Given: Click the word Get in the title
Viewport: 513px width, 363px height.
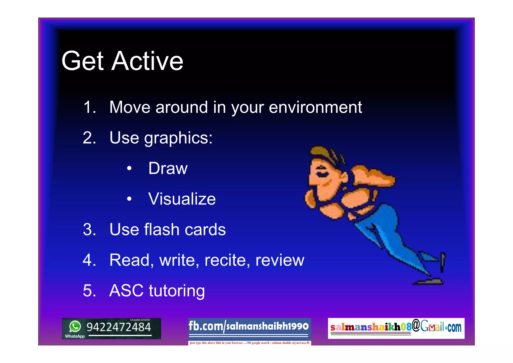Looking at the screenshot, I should [x=82, y=61].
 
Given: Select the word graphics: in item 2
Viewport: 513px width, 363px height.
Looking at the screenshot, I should [x=178, y=138].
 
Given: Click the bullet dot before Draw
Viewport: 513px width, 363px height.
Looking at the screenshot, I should [x=129, y=168].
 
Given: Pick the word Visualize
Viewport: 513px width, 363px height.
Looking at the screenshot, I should [x=182, y=199].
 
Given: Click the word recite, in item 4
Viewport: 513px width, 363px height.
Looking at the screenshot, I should [x=227, y=260].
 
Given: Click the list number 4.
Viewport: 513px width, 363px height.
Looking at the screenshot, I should [x=89, y=260].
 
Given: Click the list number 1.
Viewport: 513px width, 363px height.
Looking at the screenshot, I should [x=89, y=107].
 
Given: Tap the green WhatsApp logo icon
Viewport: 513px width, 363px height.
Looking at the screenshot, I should [x=75, y=326].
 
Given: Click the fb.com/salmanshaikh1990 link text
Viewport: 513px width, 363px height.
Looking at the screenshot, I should [x=249, y=326].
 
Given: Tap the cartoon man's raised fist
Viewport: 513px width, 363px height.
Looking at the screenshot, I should [x=373, y=175].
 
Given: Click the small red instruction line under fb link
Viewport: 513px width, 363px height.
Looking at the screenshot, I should [x=249, y=343].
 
